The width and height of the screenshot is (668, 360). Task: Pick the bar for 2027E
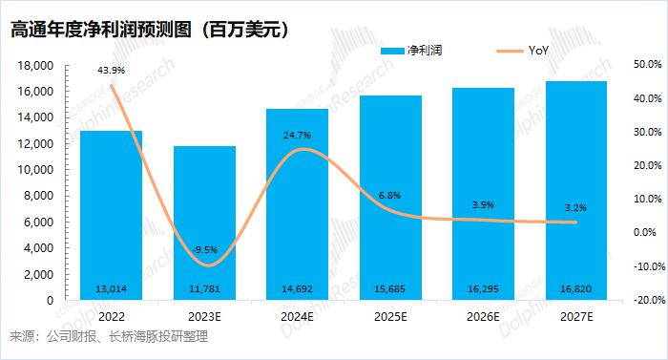pyautogui.click(x=575, y=191)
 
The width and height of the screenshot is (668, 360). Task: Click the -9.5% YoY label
pyautogui.click(x=204, y=250)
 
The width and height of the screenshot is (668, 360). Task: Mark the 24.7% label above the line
pyautogui.click(x=298, y=136)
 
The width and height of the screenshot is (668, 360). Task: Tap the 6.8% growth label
pyautogui.click(x=389, y=196)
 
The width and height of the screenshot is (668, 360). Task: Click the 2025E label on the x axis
pyautogui.click(x=389, y=316)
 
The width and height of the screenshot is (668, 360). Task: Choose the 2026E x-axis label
pyautogui.click(x=483, y=316)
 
